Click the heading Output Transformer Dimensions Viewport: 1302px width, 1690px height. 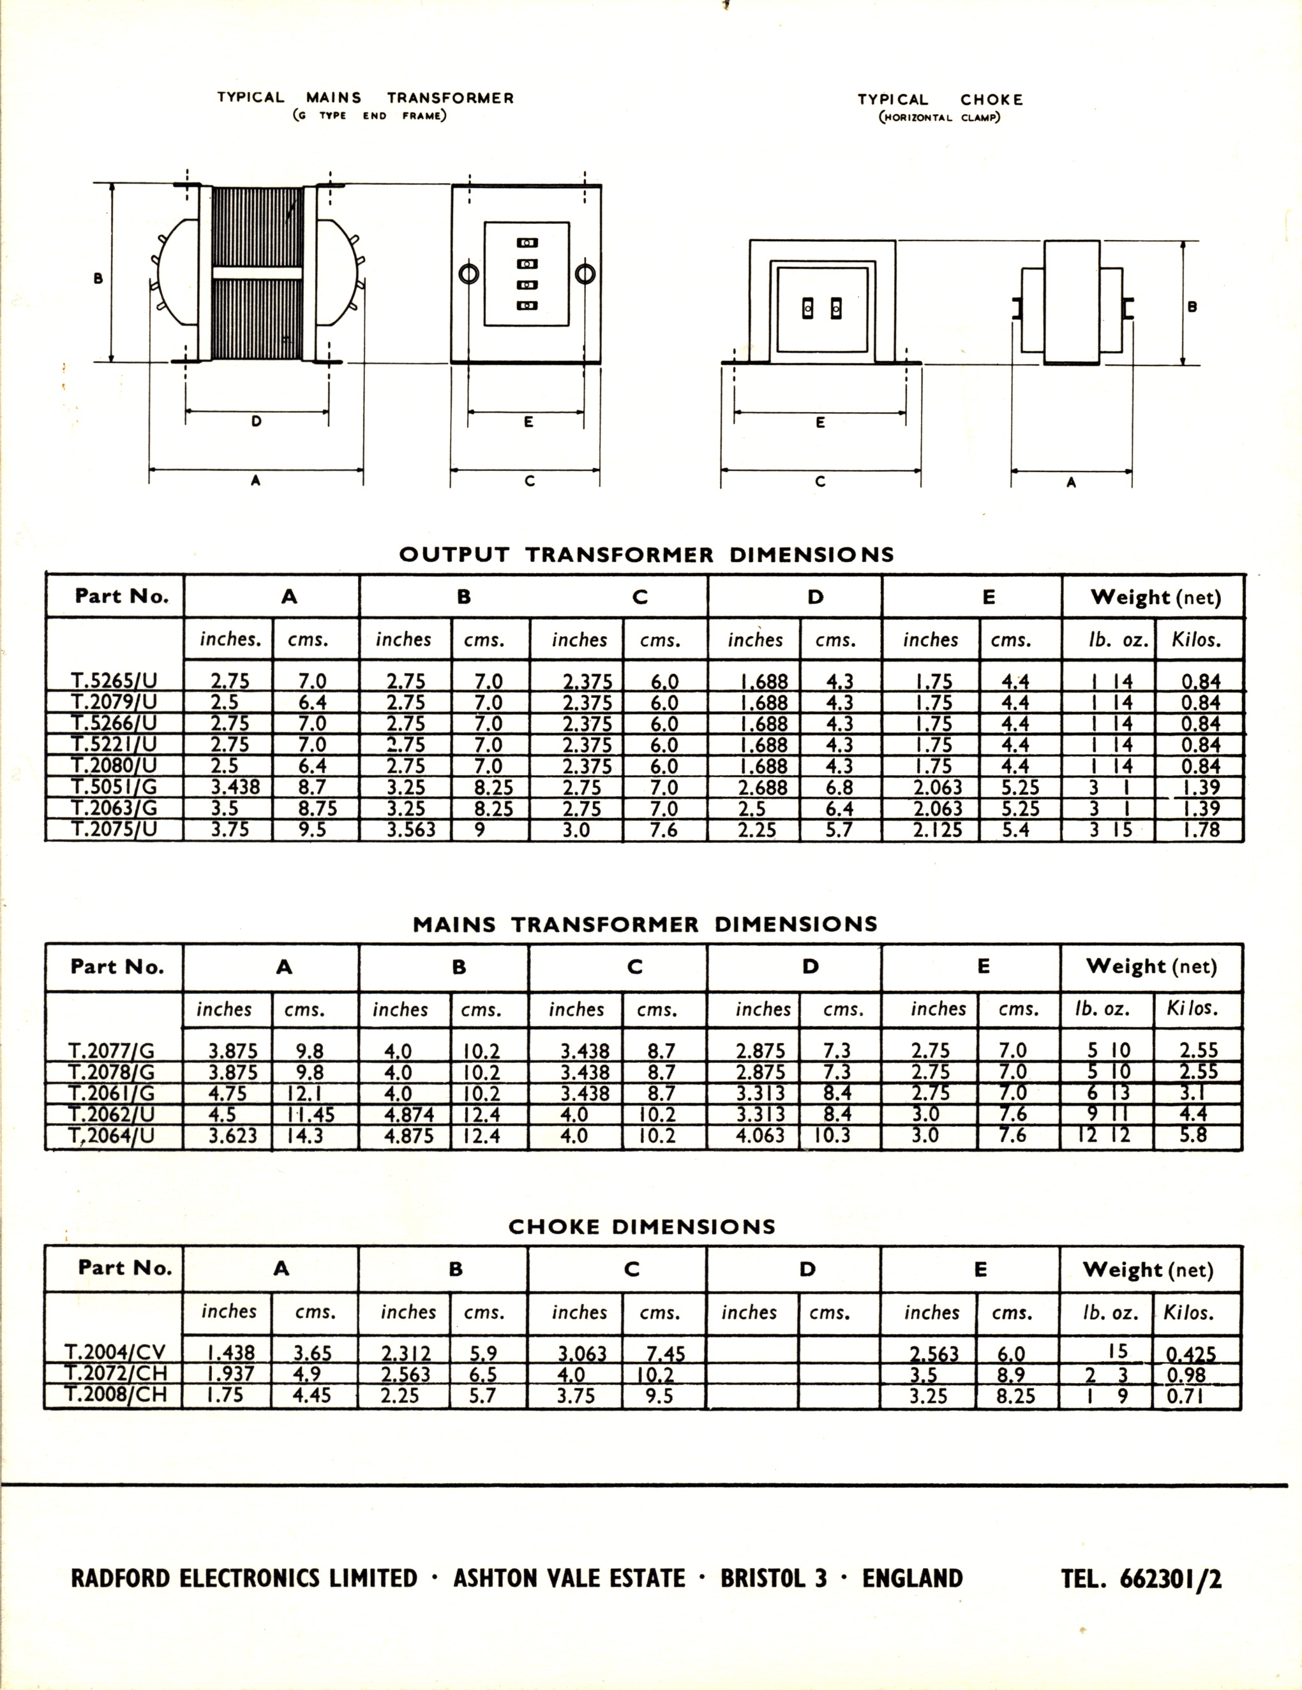coord(647,555)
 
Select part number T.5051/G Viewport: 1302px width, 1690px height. coord(114,787)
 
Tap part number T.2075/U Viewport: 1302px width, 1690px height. coord(114,829)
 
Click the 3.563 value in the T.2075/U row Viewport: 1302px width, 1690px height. coord(411,829)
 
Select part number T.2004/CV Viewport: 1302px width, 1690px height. coord(115,1352)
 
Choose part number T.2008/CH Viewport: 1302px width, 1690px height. coord(115,1395)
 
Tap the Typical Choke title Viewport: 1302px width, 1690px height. coord(939,100)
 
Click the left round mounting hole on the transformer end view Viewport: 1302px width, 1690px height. coord(469,274)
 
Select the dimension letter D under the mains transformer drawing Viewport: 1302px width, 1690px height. coord(256,422)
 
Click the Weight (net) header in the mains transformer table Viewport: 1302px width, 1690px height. coord(1151,966)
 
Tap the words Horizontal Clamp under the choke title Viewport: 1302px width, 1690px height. coord(939,117)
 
